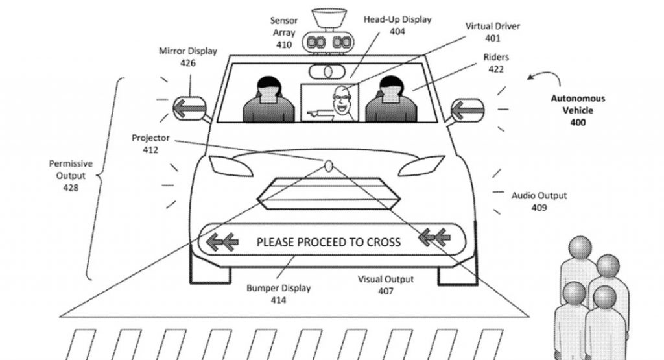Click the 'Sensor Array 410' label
[284, 32]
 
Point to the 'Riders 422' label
[496, 63]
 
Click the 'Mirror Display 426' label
[188, 56]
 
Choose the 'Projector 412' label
[150, 143]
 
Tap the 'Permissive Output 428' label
[71, 175]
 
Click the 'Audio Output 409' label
[539, 201]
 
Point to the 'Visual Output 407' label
[386, 285]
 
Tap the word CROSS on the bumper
[378, 243]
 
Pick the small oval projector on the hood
[329, 165]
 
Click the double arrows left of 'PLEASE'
[221, 243]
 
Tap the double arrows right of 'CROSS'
[434, 238]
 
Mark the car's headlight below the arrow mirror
[231, 167]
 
